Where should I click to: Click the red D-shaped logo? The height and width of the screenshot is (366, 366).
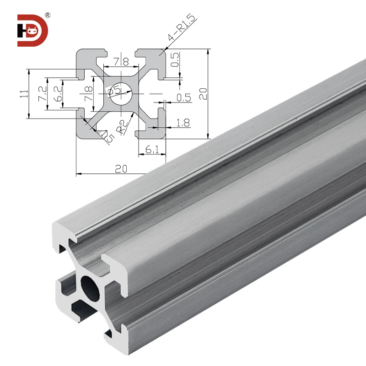tap(32, 30)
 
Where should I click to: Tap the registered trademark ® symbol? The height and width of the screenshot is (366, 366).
tap(48, 16)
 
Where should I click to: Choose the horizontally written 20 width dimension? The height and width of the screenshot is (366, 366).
tap(121, 169)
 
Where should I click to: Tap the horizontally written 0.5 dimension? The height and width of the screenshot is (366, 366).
tap(183, 97)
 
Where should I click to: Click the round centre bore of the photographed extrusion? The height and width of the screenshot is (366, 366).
tap(90, 287)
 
